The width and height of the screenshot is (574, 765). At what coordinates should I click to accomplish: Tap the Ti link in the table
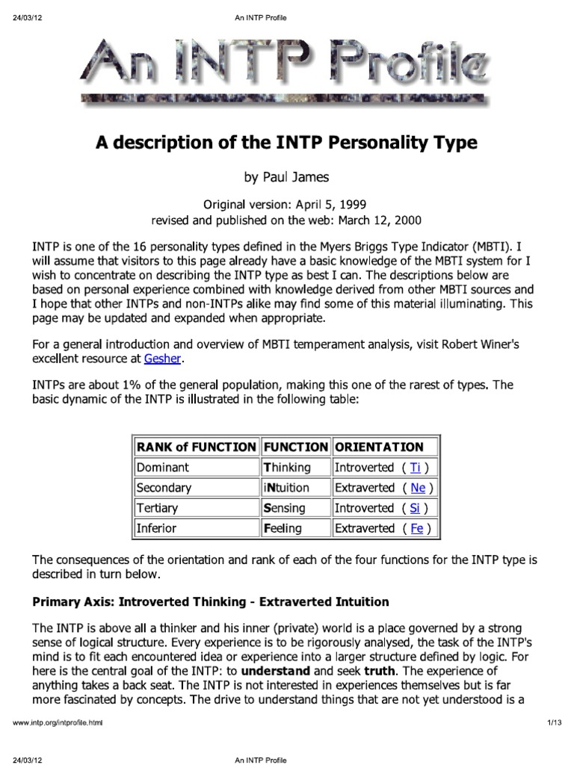[416, 468]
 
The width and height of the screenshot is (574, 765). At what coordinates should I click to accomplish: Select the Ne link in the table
[419, 488]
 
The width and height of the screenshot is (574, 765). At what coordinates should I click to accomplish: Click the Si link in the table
[416, 508]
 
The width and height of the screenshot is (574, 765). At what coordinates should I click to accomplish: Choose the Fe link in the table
[417, 528]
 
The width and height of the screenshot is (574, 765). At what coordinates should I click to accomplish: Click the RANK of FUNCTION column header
[196, 447]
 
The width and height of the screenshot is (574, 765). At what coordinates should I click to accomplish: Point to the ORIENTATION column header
[379, 447]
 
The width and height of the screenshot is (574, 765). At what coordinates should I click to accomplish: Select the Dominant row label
[162, 468]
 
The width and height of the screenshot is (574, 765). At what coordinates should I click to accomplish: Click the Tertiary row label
[158, 508]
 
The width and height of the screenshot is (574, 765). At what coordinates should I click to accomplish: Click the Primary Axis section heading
[211, 601]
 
